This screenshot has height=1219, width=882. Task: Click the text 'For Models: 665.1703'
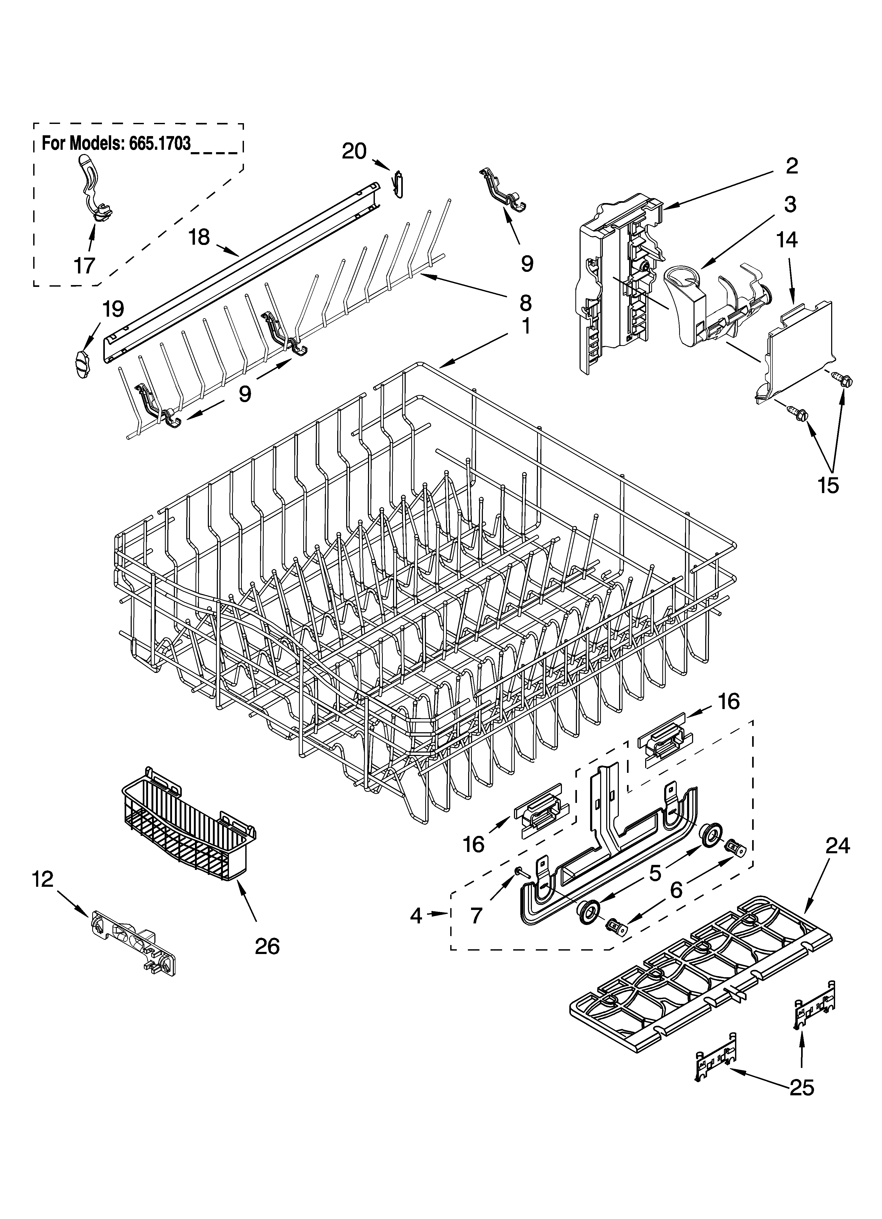click(116, 144)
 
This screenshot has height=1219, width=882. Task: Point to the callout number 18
click(199, 237)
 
